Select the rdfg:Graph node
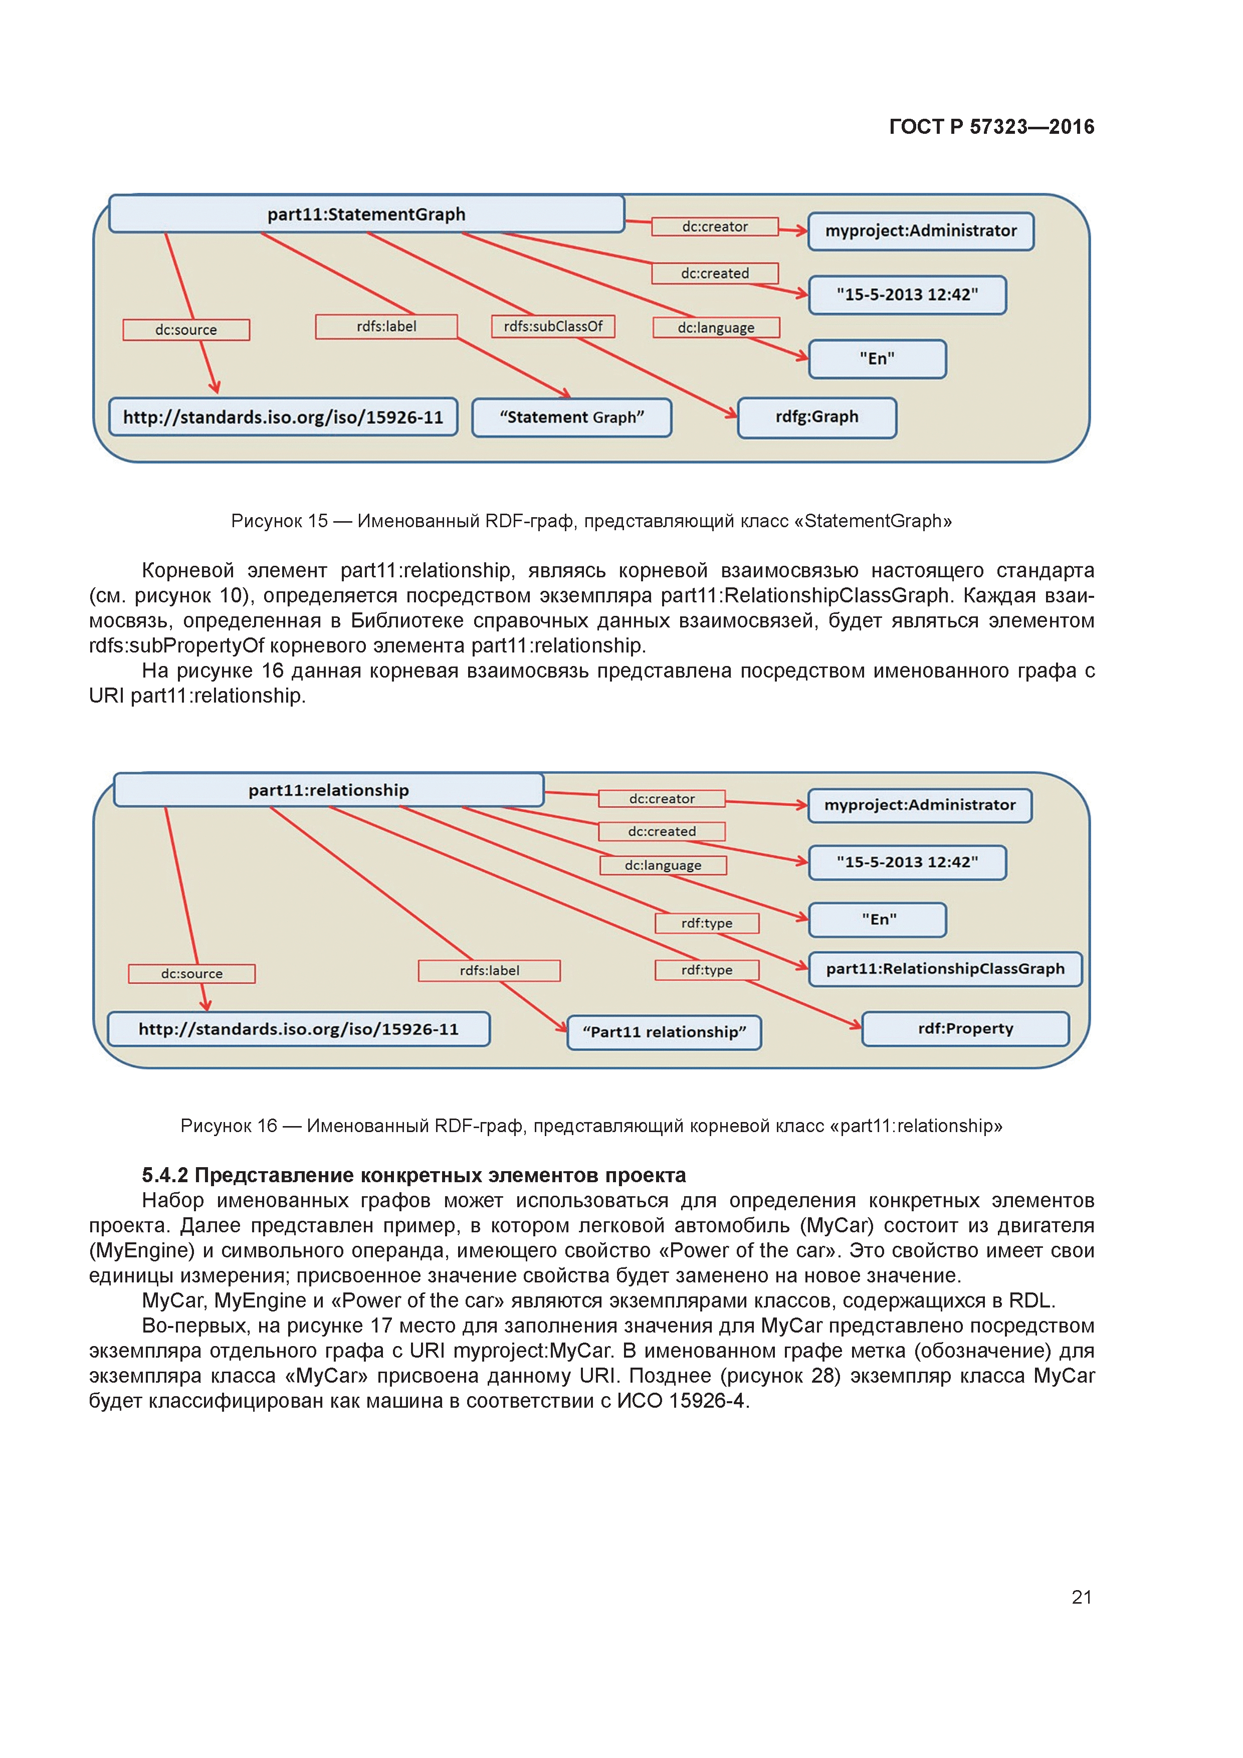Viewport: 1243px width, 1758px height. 816,417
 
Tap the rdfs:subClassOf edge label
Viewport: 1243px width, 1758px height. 553,326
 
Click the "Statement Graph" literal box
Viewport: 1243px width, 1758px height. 571,417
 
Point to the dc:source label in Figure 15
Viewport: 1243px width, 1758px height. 186,330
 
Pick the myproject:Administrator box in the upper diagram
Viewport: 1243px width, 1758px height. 921,231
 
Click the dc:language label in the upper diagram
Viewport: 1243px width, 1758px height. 716,328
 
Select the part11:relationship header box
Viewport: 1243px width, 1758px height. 329,790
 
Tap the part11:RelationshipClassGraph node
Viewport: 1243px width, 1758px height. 945,969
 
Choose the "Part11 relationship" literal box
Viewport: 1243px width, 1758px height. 664,1032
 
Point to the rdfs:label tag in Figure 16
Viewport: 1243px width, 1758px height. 489,971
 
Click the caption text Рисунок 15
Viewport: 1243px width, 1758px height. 280,521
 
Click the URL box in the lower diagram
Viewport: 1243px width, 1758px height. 299,1029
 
